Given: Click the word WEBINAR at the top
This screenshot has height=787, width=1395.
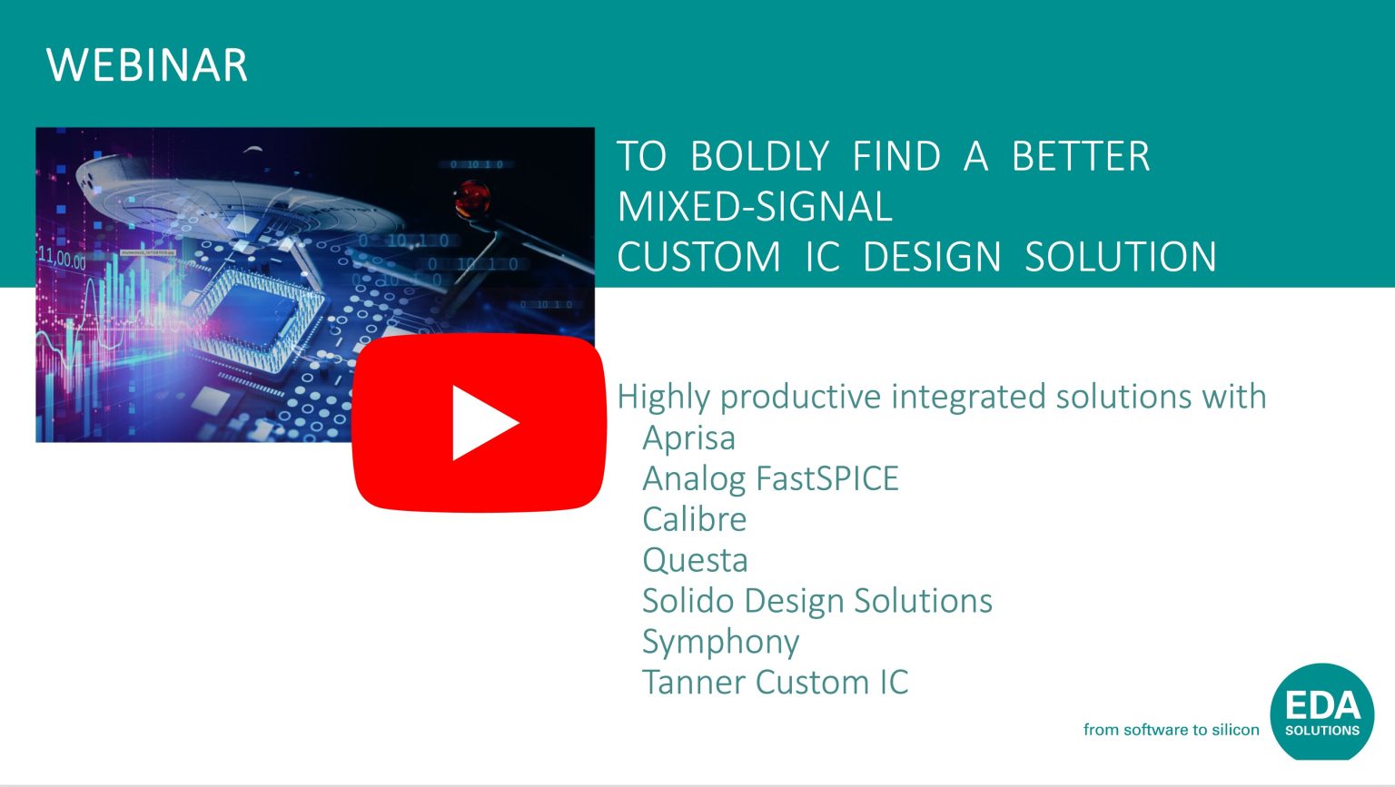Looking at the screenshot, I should pos(147,65).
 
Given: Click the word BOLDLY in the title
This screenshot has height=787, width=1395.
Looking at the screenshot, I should pos(759,157).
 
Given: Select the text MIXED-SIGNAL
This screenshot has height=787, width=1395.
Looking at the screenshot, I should pos(755,207).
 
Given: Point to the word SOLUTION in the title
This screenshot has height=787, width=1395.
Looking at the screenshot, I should pos(1121,257).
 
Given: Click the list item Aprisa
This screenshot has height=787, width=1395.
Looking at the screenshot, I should pos(688,438).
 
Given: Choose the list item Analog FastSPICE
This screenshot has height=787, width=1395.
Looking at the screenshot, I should pos(770,478).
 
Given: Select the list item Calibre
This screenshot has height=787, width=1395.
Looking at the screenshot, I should pos(695,519).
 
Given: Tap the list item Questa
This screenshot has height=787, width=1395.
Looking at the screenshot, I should pos(695,560).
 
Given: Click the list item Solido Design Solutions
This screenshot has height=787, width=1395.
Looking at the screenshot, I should pos(816,601).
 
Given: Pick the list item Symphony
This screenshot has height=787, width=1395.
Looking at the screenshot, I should pos(720,642).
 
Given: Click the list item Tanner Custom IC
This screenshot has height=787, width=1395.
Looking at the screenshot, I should pos(775,683).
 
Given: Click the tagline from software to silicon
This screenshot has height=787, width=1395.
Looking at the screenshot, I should pos(1171,730).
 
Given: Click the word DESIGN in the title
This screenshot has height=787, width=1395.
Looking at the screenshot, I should pos(931,257).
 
